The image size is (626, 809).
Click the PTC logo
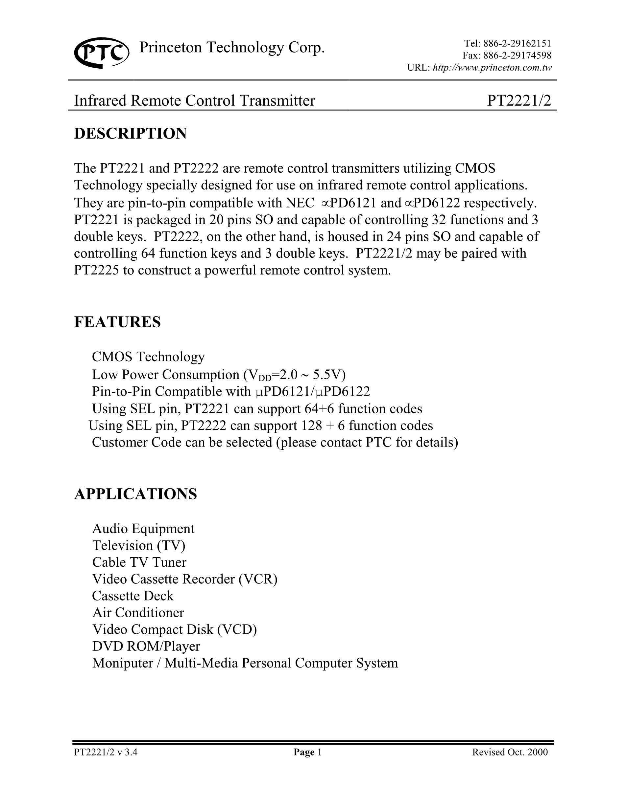102,52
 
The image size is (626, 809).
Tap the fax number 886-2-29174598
518,55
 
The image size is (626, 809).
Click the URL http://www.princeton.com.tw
492,68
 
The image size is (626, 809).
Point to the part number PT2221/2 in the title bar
519,101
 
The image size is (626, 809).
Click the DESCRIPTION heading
131,134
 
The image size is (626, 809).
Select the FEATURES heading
118,322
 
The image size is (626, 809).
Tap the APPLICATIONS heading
135,494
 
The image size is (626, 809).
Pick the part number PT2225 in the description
96,271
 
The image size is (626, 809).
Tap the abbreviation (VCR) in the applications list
258,579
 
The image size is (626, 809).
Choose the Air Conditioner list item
138,613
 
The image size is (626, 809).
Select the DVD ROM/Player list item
146,646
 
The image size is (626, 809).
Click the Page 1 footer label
307,752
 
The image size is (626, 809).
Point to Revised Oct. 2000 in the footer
510,752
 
